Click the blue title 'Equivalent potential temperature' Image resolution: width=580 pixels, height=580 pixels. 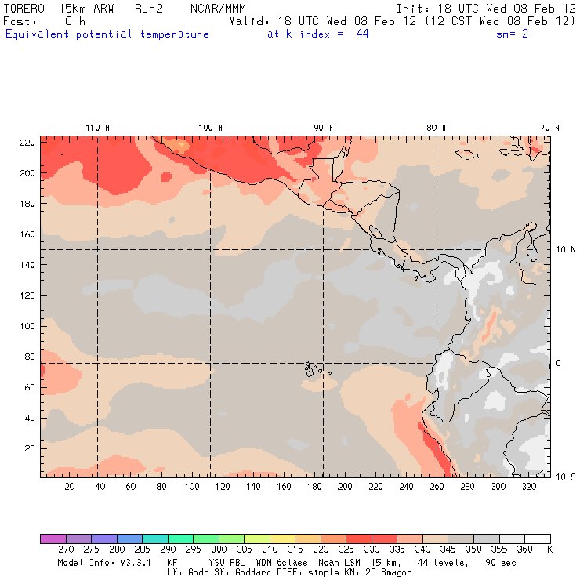click(x=107, y=34)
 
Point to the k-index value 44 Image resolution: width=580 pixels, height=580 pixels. click(x=362, y=34)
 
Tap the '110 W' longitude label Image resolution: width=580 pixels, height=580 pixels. click(x=97, y=128)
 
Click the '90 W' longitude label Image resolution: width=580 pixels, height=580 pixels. click(x=324, y=128)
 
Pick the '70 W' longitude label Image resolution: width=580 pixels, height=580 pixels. click(x=550, y=128)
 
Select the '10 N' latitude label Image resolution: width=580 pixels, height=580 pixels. click(x=565, y=250)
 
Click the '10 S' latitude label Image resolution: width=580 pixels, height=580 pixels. click(x=565, y=477)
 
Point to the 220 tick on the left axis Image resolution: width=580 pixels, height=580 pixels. click(x=27, y=143)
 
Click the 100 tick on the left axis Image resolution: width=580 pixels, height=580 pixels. click(x=27, y=326)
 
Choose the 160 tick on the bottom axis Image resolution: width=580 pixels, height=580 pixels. click(x=283, y=487)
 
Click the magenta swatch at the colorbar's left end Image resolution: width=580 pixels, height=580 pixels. click(x=53, y=539)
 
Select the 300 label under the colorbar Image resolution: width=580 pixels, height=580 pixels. click(x=219, y=550)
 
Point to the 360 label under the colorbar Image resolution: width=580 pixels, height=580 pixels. click(x=524, y=550)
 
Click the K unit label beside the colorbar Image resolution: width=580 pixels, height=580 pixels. click(x=549, y=550)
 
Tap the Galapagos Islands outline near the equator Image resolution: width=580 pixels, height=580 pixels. click(x=314, y=368)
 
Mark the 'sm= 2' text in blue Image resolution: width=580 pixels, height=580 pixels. click(x=513, y=34)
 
